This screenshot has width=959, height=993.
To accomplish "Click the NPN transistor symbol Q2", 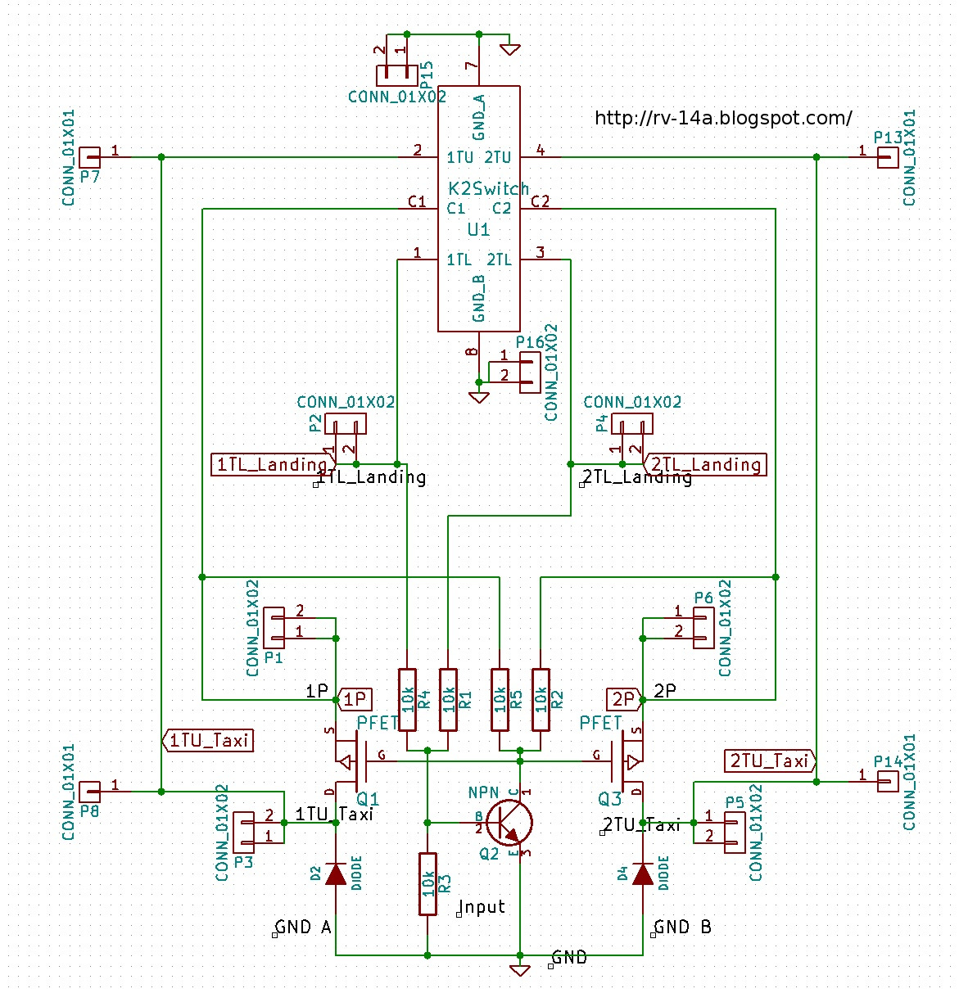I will [x=509, y=823].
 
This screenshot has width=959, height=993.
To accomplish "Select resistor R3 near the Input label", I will [x=427, y=883].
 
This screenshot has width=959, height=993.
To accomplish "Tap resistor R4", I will [x=407, y=699].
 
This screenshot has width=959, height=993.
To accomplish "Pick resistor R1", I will [x=448, y=699].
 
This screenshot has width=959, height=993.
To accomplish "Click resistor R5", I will [x=500, y=699].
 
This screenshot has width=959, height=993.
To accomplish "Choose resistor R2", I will [x=541, y=699].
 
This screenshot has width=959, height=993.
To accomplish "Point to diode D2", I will [x=336, y=874].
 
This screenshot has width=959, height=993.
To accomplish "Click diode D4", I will [x=643, y=874].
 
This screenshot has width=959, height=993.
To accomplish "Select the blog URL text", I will [x=723, y=118].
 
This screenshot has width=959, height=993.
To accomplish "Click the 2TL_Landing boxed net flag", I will [x=705, y=465].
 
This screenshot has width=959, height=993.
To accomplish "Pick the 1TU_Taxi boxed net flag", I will [x=208, y=740].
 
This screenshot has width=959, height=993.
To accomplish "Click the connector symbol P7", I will [x=90, y=157].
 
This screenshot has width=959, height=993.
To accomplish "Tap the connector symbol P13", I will [x=887, y=157].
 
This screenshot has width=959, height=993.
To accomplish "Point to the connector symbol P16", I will [x=530, y=372].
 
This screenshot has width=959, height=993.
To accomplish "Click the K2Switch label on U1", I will [x=489, y=188].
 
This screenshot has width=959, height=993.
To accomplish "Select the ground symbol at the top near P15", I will [x=509, y=49].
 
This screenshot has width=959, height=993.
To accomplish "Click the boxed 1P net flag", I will [x=355, y=699].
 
